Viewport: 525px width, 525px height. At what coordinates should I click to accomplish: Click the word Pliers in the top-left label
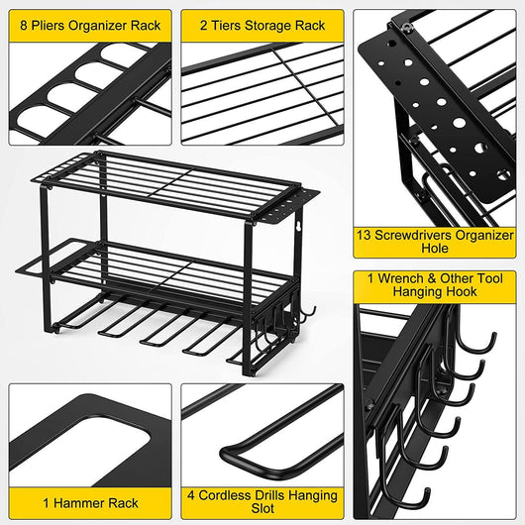click(x=49, y=26)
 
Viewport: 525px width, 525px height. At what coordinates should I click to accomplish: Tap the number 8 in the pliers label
click(x=24, y=26)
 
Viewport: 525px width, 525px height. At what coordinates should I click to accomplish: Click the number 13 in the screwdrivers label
click(x=364, y=235)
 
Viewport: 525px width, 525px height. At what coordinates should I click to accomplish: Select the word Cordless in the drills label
click(x=223, y=495)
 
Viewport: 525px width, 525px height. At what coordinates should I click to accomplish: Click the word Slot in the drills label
click(x=262, y=508)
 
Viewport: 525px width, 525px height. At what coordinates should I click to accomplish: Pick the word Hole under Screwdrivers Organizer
click(x=435, y=248)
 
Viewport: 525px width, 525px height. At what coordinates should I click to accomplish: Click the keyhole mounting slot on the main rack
click(x=297, y=226)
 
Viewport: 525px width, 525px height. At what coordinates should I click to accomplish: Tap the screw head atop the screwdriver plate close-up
click(x=406, y=27)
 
